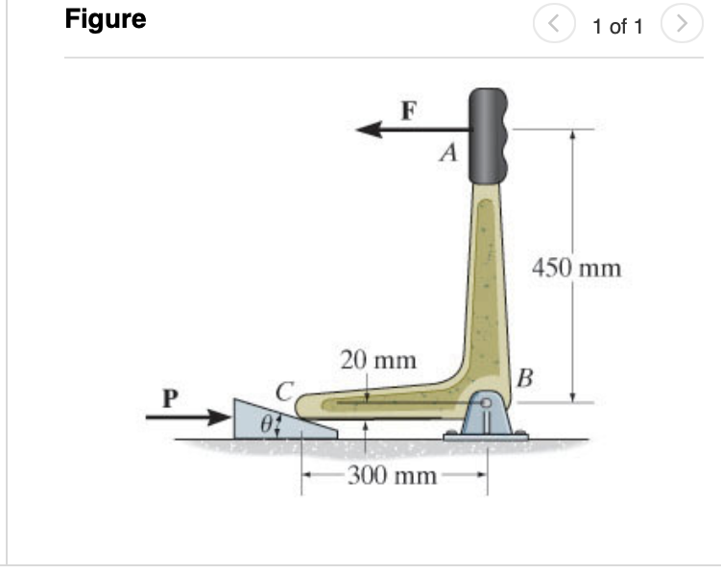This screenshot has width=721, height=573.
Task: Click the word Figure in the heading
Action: (106, 20)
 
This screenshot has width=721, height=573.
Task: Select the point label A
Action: (446, 153)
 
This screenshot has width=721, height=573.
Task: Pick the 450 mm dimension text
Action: (576, 266)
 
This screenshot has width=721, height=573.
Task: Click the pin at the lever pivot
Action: (487, 404)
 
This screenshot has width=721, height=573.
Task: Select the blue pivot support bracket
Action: (486, 422)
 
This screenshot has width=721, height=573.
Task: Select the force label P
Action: (171, 395)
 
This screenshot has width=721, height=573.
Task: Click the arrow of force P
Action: (192, 418)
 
